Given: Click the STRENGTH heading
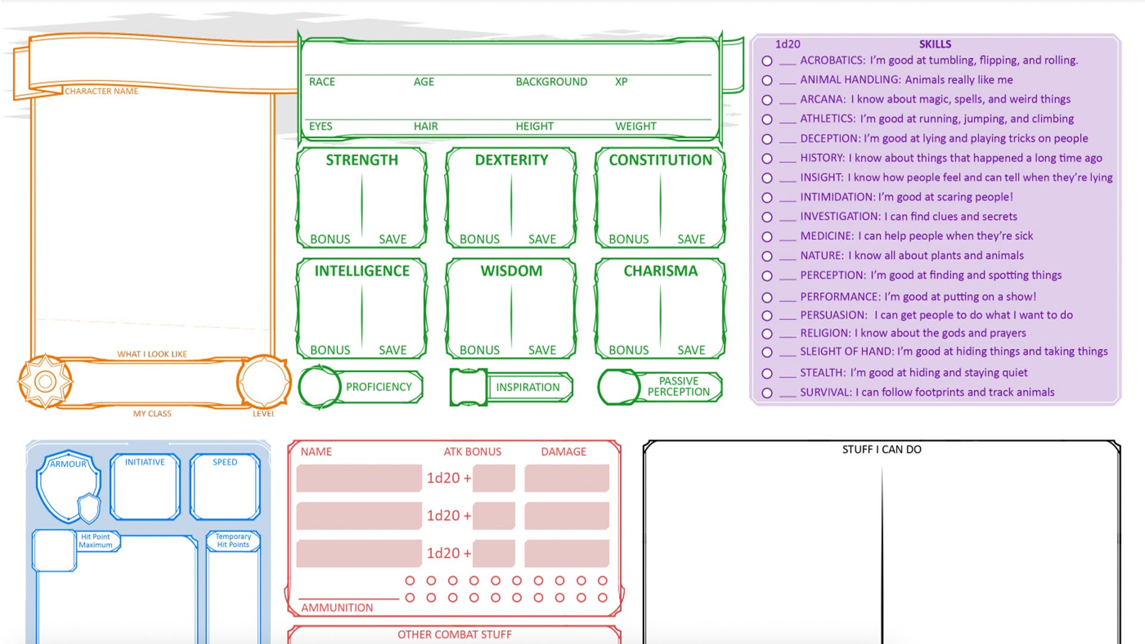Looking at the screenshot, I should (361, 160).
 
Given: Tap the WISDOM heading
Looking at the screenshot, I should (511, 271).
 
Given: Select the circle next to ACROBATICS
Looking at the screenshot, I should (767, 61).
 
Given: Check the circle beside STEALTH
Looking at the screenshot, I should (767, 373).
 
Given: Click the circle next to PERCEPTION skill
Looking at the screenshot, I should (767, 276).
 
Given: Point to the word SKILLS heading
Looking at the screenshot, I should (934, 44).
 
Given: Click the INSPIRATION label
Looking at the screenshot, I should (528, 387).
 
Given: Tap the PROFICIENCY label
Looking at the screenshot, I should (379, 387).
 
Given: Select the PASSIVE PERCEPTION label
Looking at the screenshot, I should (679, 386).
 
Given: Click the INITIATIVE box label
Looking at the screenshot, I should (145, 462).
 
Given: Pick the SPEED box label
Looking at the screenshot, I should (225, 462).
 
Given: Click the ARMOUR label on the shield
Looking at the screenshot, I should (68, 464).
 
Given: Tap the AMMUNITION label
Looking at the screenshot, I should (337, 608).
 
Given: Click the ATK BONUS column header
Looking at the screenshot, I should (472, 452).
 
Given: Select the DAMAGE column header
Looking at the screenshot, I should (564, 452).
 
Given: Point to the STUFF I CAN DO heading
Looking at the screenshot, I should (881, 450).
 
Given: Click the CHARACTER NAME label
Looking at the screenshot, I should (101, 91).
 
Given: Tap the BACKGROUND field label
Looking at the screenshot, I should (551, 82).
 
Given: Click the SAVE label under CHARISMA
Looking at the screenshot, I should (691, 350).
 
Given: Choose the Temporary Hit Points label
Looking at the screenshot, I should (233, 540).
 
